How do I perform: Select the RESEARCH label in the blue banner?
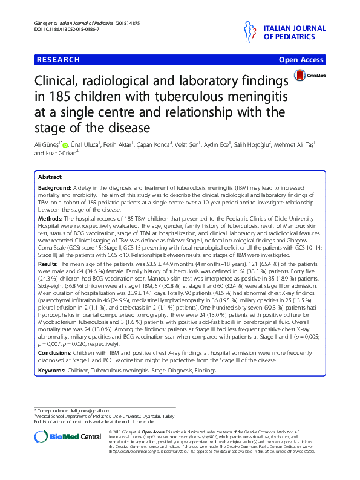pyautogui.click(x=59, y=60)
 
